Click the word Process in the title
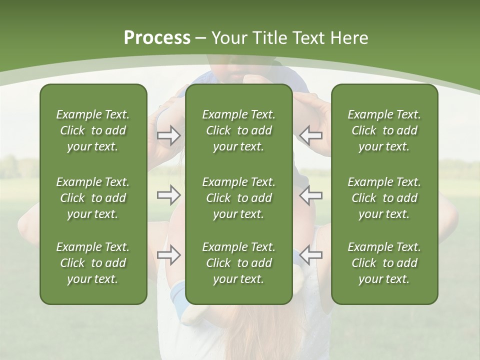tap(157, 38)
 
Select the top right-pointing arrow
tap(169, 135)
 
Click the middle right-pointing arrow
tap(169, 195)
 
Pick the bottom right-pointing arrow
tap(169, 255)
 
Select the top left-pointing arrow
tap(311, 135)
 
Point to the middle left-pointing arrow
tap(311, 195)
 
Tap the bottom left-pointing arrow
tap(311, 255)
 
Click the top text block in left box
tap(93, 130)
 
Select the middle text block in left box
tap(93, 198)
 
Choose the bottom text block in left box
tap(93, 263)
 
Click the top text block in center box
tap(238, 130)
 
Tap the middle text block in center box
tap(238, 198)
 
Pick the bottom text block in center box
tap(238, 263)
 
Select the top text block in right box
tap(384, 130)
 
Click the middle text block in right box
tap(384, 198)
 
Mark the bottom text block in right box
tap(384, 263)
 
